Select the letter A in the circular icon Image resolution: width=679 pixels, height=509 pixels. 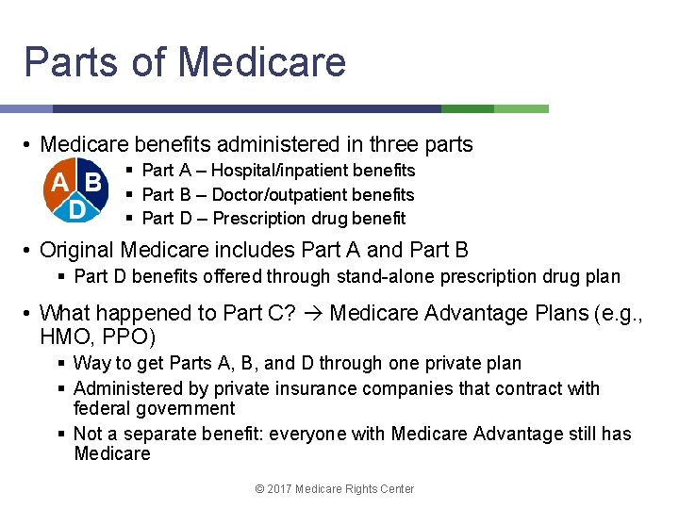(59, 181)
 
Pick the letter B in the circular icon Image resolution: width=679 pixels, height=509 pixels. (92, 181)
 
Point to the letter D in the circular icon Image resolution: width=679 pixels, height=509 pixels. (76, 208)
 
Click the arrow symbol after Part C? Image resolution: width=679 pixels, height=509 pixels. (315, 313)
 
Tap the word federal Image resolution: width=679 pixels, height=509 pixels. (100, 408)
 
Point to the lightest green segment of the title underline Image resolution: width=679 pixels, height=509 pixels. (522, 109)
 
